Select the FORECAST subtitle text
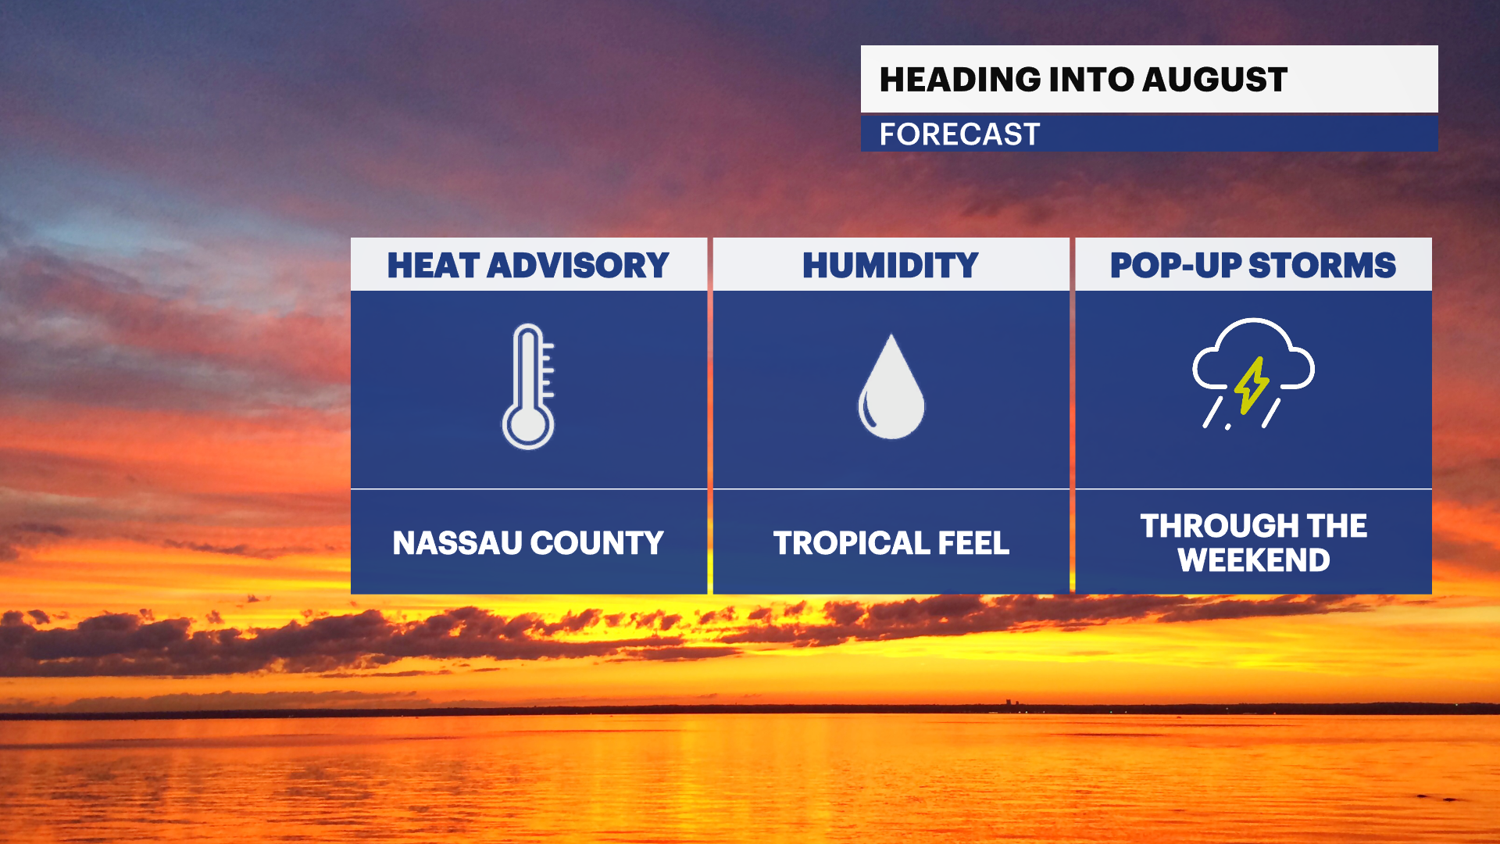click(x=959, y=134)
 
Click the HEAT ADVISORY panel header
click(x=528, y=266)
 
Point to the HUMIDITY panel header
click(x=891, y=266)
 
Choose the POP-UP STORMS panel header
click(x=1253, y=266)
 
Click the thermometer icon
click(x=528, y=386)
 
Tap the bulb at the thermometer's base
click(x=528, y=427)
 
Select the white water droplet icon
click(x=891, y=388)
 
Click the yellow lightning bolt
click(x=1252, y=384)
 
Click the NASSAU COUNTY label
click(x=528, y=543)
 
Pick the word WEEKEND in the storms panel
click(x=1254, y=560)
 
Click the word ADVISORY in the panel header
click(x=578, y=266)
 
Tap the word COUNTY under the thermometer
click(x=598, y=543)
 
